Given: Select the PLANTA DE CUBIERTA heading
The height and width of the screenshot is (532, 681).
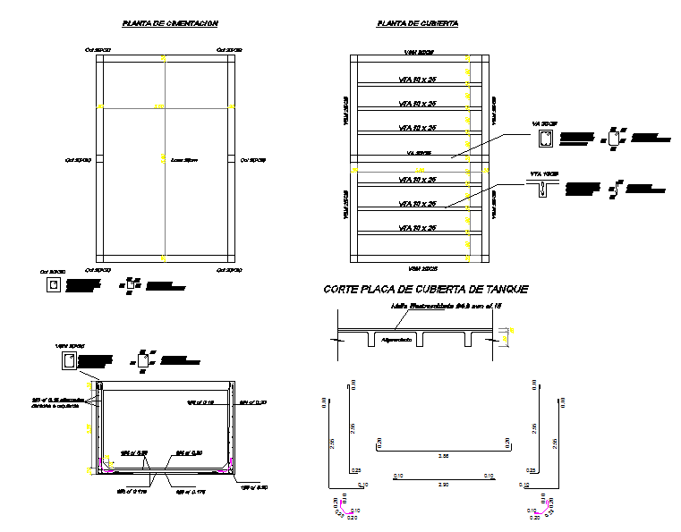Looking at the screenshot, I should tap(418, 23).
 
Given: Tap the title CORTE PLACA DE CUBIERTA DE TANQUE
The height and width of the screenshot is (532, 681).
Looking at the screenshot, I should tap(425, 289).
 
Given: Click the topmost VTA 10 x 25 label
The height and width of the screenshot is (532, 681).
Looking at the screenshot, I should tap(417, 80).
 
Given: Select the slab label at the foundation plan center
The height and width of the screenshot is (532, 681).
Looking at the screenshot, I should tap(183, 160).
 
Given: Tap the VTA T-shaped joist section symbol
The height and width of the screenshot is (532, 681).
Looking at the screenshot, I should tap(542, 189).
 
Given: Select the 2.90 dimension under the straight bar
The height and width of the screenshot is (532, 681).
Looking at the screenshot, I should tap(444, 484).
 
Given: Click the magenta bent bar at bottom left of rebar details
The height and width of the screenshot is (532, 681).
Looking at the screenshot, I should tap(340, 507).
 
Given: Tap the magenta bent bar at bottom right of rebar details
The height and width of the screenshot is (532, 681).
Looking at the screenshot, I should tap(539, 507).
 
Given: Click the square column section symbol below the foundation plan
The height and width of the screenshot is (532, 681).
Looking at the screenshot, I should tap(55, 285).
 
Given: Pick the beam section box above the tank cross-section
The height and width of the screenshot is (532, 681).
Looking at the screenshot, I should tap(69, 361).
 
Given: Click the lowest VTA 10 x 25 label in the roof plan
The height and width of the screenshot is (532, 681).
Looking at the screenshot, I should tap(417, 228).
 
